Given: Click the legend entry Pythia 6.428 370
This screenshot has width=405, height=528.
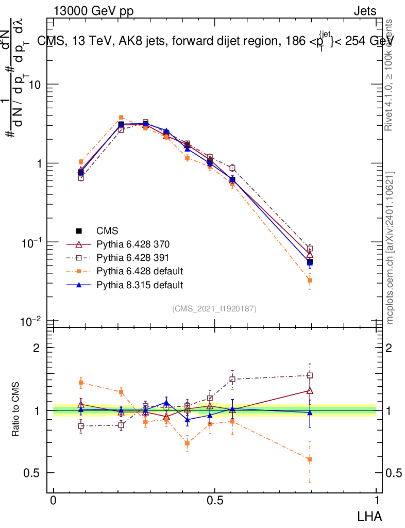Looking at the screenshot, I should tap(132, 244).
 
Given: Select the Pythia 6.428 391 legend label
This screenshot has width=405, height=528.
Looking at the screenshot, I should tap(132, 257).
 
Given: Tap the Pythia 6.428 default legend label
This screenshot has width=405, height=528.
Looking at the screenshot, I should tap(140, 271).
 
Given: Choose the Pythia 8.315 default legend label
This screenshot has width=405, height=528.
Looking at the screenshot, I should tap(140, 284).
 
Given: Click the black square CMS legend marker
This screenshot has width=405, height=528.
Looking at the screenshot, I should tap(79, 230).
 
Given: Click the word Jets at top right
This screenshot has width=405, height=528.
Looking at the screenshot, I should tap(365, 11).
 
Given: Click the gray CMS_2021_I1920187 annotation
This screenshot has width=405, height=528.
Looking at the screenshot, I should tap(214, 309).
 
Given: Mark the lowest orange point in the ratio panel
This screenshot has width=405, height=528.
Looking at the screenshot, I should tap(310, 459).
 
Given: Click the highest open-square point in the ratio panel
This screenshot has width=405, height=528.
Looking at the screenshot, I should tap(310, 375).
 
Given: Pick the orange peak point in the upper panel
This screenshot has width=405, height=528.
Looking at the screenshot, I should tap(121, 118).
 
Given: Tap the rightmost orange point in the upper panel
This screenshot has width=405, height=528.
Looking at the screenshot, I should tap(310, 280).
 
